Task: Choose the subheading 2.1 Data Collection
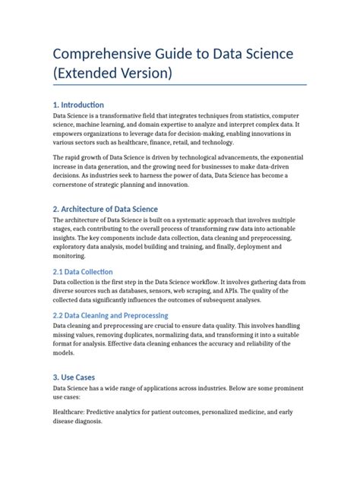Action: [x=83, y=271]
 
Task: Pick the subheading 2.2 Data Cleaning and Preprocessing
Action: [x=111, y=314]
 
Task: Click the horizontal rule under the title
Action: [x=179, y=84]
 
